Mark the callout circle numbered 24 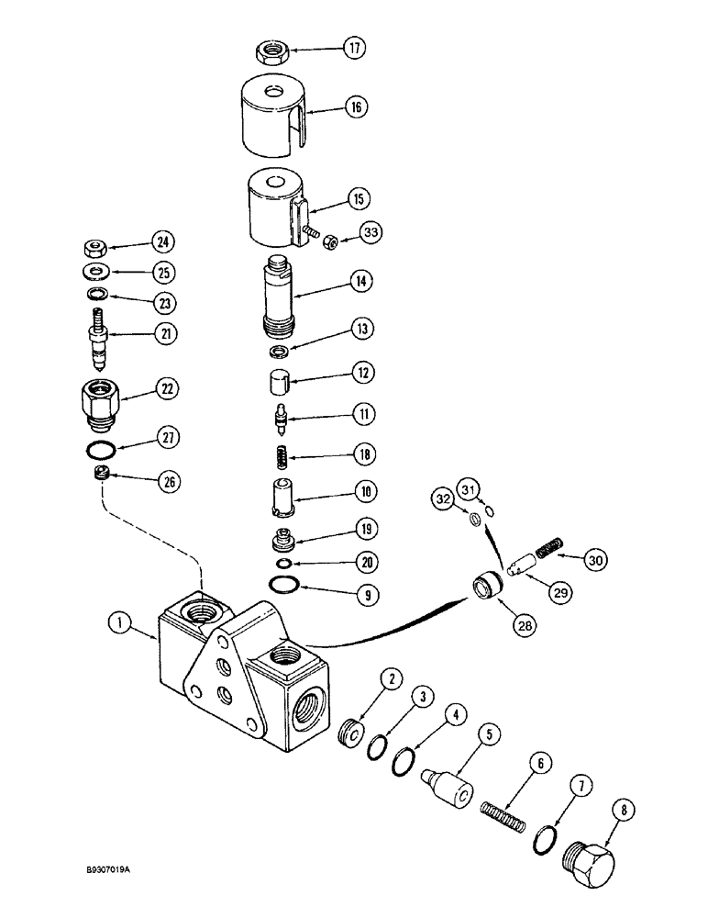pyautogui.click(x=164, y=242)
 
